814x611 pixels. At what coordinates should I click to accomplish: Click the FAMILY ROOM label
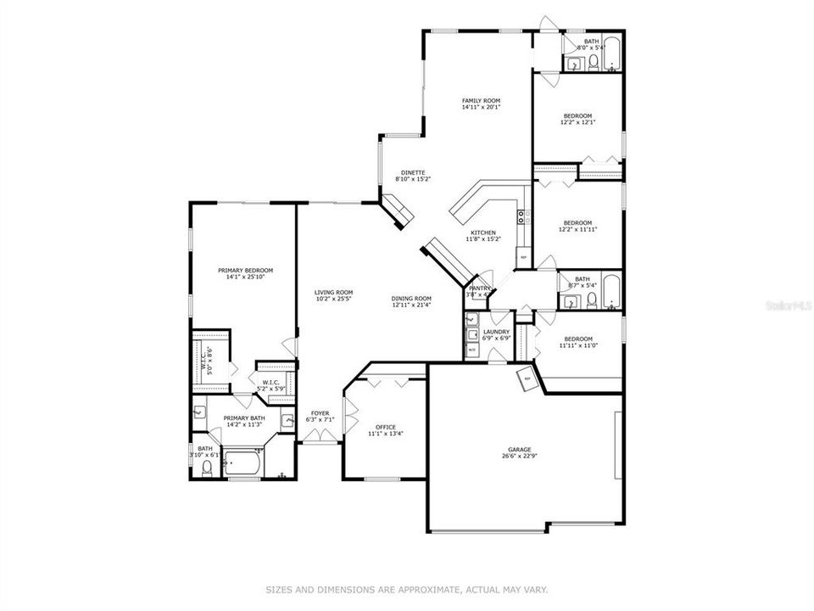(481, 100)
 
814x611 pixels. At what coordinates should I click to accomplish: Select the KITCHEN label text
(483, 233)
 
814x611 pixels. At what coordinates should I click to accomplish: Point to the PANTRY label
(481, 289)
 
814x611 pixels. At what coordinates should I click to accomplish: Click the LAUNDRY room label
(496, 332)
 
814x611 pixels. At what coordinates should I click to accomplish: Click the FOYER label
(320, 413)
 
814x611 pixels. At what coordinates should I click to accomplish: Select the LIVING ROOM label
(333, 293)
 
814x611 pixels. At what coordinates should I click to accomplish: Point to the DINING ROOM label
(411, 298)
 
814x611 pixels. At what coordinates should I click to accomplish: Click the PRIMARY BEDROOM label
(244, 270)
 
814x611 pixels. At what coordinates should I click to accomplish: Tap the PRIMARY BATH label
(244, 418)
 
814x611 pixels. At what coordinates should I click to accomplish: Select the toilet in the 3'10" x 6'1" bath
(206, 469)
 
